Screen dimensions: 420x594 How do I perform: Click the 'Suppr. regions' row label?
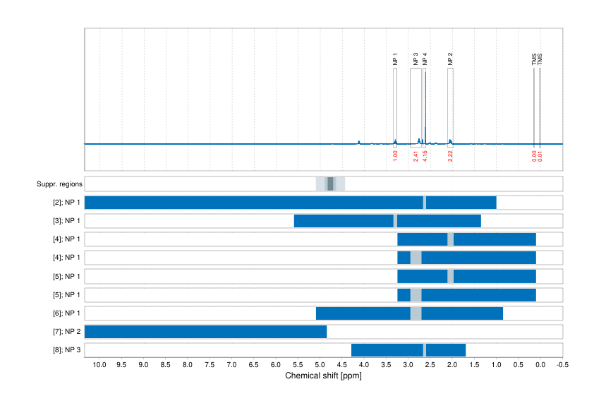pyautogui.click(x=59, y=184)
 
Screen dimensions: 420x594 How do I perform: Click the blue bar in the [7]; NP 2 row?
pyautogui.click(x=205, y=331)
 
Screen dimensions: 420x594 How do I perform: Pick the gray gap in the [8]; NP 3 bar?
pyautogui.click(x=425, y=349)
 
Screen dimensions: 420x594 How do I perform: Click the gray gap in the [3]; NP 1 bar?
pyautogui.click(x=395, y=221)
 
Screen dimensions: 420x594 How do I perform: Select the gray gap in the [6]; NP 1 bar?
pyautogui.click(x=416, y=313)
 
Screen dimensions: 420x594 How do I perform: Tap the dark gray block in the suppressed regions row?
pyautogui.click(x=330, y=184)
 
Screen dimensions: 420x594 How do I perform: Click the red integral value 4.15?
pyautogui.click(x=425, y=156)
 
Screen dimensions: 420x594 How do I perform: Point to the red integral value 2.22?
pyautogui.click(x=450, y=156)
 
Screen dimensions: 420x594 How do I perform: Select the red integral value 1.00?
pyautogui.click(x=395, y=156)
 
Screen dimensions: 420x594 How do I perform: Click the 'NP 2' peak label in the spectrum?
pyautogui.click(x=450, y=59)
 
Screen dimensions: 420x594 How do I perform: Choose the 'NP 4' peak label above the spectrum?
pyautogui.click(x=425, y=59)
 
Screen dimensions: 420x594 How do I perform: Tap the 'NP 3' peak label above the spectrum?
pyautogui.click(x=416, y=59)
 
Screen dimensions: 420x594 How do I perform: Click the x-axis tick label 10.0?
pyautogui.click(x=99, y=365)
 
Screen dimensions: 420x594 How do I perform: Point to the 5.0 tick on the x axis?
pyautogui.click(x=320, y=365)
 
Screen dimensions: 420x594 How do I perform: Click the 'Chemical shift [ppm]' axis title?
pyautogui.click(x=323, y=376)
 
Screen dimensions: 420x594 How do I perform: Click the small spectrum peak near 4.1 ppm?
pyautogui.click(x=359, y=142)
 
